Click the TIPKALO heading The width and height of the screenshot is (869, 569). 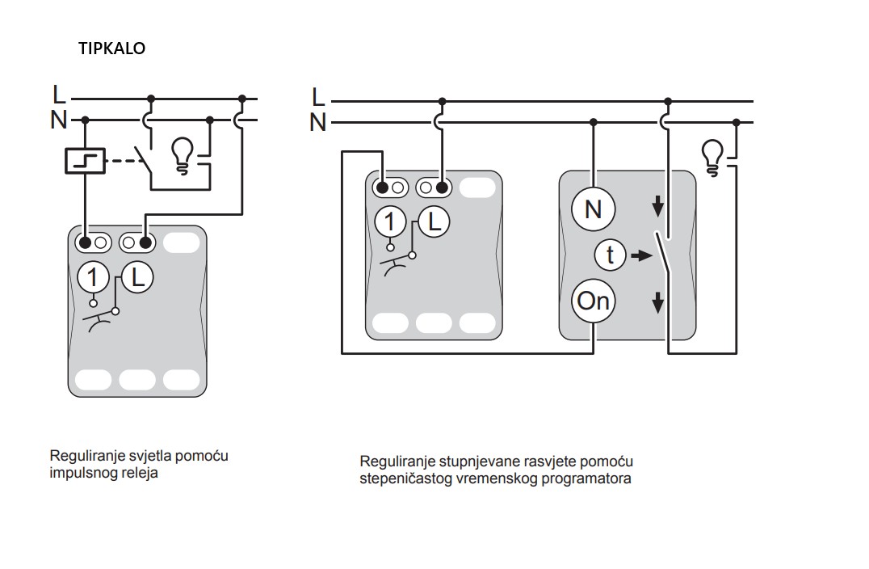[111, 48]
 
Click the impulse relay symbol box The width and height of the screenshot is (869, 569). [85, 160]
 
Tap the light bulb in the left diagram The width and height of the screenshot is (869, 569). [183, 154]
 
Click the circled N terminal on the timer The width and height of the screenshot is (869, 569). [593, 209]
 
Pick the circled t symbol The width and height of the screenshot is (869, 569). [610, 255]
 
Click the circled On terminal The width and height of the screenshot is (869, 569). [594, 301]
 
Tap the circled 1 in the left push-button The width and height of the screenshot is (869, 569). [93, 278]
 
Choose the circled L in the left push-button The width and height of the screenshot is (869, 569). [137, 278]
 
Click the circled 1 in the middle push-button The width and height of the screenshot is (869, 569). [390, 221]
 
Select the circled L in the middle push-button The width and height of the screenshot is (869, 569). [434, 221]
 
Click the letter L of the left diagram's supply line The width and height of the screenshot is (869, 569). [59, 95]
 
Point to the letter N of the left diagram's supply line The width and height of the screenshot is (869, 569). [59, 120]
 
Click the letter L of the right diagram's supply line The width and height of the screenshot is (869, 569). [318, 97]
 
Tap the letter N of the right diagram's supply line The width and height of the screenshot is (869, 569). [318, 123]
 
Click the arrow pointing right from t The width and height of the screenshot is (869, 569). [640, 255]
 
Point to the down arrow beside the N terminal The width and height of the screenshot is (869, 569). [658, 207]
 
